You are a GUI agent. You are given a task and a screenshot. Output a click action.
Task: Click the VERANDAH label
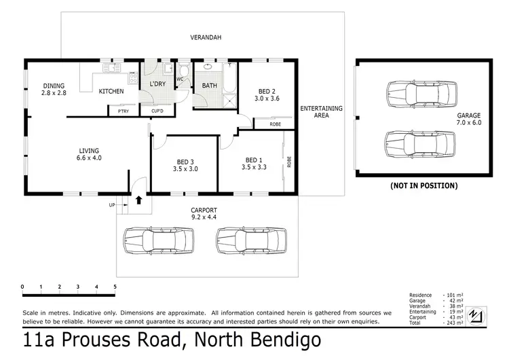(206, 37)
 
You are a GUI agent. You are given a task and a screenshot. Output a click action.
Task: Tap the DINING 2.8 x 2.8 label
(54, 89)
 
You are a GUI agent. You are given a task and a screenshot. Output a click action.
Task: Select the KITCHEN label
(111, 91)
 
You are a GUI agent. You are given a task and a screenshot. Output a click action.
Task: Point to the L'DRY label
(157, 84)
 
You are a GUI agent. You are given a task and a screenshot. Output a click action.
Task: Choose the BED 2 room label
(266, 94)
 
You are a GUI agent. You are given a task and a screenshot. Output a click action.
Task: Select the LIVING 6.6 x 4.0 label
(88, 154)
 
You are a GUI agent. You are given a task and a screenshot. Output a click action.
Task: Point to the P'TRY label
(124, 111)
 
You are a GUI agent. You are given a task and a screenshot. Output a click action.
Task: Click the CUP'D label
(157, 111)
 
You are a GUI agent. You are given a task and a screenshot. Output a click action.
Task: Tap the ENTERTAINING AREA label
(322, 112)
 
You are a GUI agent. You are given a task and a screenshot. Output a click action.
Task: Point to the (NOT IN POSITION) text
(423, 185)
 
